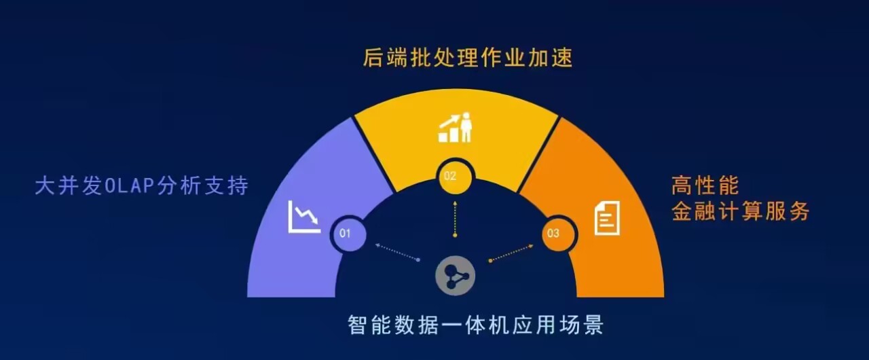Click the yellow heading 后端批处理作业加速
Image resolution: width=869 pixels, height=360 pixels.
468,58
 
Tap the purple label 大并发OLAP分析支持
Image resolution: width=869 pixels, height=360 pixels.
142,185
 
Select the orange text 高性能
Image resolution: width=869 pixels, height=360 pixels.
705,185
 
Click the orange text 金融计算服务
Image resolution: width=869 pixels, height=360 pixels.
741,211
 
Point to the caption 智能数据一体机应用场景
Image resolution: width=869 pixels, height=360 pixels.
476,324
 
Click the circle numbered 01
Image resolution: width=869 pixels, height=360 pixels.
348,234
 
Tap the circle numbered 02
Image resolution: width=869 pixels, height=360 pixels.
455,177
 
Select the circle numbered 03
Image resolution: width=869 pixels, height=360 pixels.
559,234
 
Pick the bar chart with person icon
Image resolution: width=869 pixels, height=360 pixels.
455,127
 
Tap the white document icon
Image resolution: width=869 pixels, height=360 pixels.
607,218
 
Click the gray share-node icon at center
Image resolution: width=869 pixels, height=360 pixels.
455,275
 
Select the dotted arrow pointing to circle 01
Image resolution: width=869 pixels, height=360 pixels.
397,252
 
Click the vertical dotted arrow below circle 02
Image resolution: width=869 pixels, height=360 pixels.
455,219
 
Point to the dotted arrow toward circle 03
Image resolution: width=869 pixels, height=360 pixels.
511,253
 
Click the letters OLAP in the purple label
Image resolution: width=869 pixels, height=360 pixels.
130,186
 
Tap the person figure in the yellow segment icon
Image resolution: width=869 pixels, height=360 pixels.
466,127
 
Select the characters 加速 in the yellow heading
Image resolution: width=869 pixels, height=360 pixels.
550,58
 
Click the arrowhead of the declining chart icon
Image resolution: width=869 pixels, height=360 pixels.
315,221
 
